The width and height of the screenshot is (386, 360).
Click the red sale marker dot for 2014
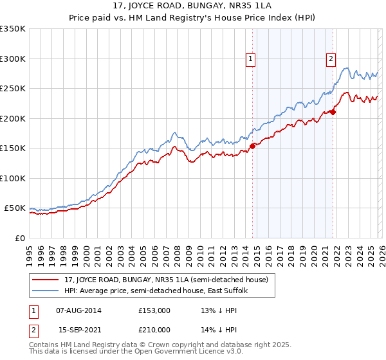point(252,146)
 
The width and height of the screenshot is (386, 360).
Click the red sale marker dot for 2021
point(333,112)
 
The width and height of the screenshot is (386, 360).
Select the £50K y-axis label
point(15,208)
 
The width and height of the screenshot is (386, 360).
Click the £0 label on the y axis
point(20,238)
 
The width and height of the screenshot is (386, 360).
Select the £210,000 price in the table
point(154,329)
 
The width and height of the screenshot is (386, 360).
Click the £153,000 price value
point(154,310)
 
